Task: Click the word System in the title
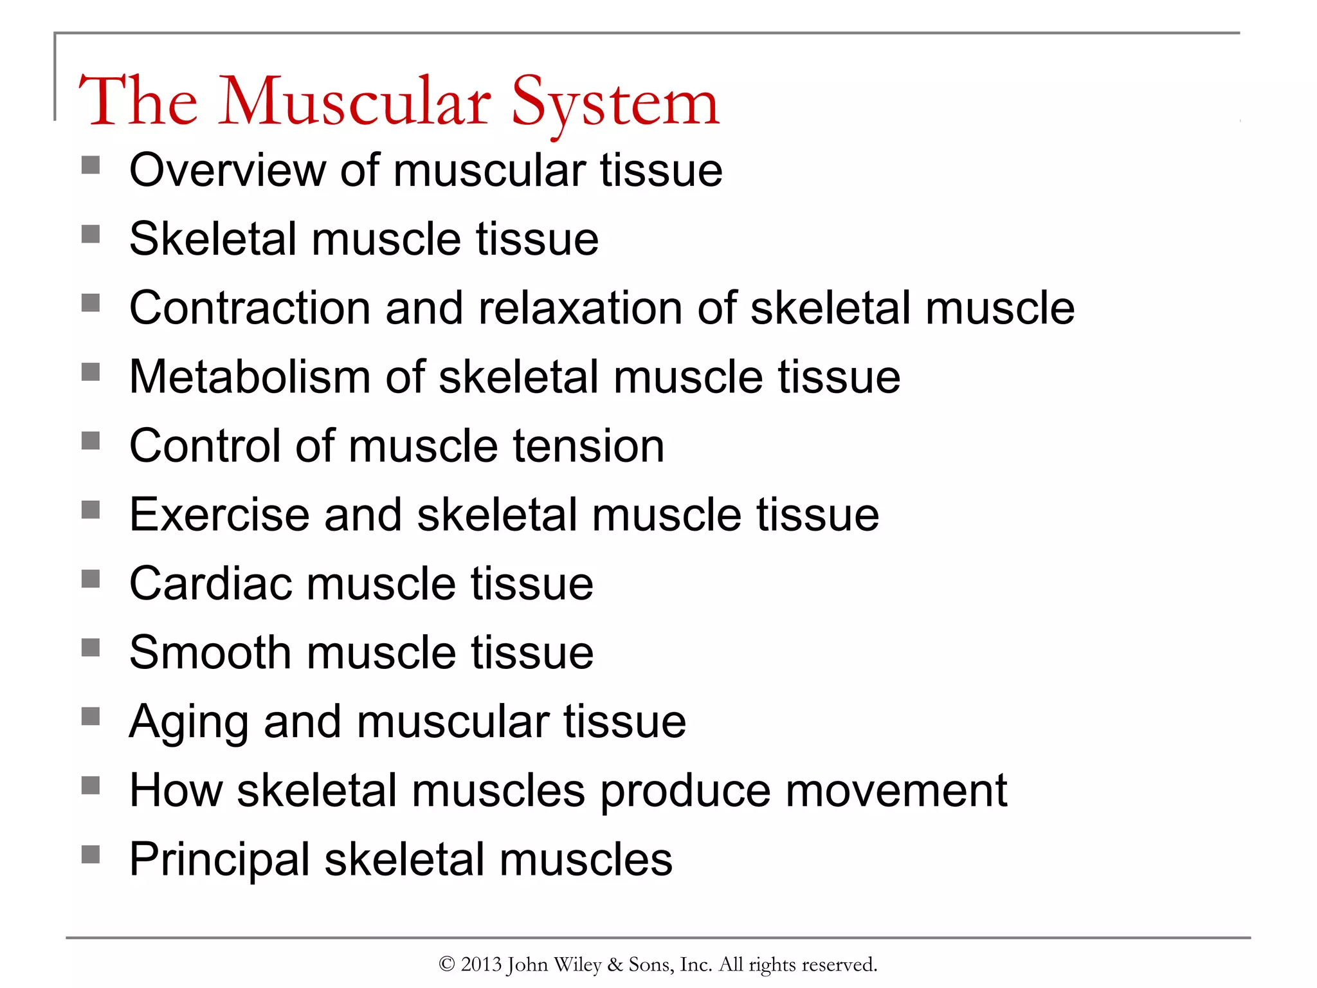pos(615,103)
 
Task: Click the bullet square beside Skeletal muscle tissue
pos(91,234)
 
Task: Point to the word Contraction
pos(250,308)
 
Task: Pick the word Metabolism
pos(250,377)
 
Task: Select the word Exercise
pos(219,515)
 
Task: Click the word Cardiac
pos(210,583)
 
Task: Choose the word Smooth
pos(210,652)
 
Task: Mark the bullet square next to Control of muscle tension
pos(91,441)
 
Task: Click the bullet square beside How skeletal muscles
pos(91,785)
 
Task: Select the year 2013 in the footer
pos(481,964)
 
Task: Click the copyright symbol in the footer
pos(447,964)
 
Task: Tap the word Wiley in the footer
pos(577,965)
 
